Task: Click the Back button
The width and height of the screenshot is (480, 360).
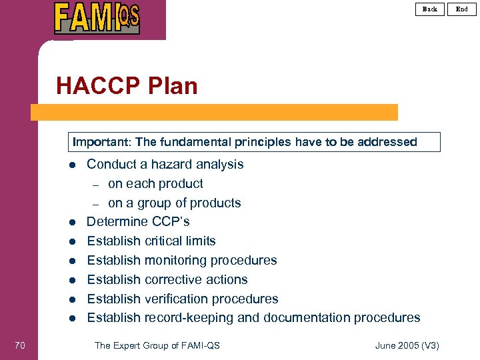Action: click(430, 9)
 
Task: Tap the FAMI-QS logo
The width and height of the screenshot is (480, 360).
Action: click(97, 18)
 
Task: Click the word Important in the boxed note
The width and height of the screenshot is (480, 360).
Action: click(101, 142)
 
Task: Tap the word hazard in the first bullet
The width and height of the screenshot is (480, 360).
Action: click(169, 164)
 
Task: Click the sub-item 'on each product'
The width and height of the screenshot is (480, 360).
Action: click(155, 183)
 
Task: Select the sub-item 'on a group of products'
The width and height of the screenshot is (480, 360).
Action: click(174, 203)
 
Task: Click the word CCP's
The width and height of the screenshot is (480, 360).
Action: click(167, 221)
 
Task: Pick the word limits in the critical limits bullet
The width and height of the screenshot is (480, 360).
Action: click(198, 241)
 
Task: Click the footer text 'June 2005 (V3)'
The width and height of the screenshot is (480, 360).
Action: click(407, 345)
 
